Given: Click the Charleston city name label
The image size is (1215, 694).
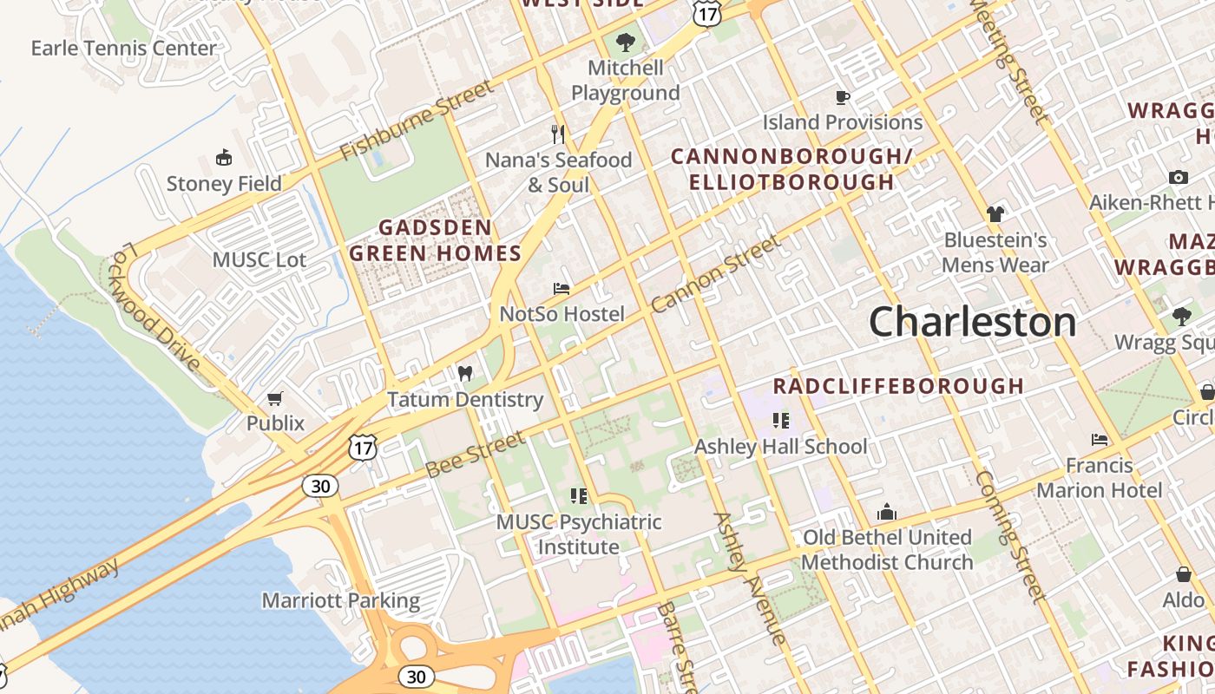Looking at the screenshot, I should click(972, 323).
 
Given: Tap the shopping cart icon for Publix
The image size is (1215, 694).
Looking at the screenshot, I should click(275, 398).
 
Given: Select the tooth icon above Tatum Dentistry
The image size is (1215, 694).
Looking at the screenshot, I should click(465, 374).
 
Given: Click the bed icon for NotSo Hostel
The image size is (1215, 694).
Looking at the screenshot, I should click(562, 289).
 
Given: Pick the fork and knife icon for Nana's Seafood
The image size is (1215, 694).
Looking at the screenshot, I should click(558, 134).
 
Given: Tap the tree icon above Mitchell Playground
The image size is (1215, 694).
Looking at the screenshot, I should click(625, 42).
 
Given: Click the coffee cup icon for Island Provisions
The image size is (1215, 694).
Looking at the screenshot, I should click(842, 97).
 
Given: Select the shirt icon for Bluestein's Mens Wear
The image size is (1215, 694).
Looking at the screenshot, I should click(995, 213).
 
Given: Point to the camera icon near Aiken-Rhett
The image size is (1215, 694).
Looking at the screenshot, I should click(1178, 177).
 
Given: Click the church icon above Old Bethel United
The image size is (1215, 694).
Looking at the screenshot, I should click(886, 512).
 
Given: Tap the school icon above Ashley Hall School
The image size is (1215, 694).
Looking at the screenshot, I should click(780, 421).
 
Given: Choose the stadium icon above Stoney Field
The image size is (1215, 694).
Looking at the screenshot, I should click(224, 158).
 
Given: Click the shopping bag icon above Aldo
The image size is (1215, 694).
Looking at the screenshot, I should click(1183, 574).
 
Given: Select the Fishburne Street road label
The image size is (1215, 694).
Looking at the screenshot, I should click(416, 121).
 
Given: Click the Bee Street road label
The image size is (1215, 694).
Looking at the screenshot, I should click(475, 454).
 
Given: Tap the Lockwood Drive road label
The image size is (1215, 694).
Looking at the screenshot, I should click(156, 306).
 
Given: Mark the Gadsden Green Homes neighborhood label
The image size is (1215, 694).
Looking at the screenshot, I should click(435, 240).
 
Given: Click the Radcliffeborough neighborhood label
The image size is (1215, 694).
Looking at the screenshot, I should click(898, 385).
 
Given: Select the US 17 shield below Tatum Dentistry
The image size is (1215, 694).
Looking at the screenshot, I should click(362, 448).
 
